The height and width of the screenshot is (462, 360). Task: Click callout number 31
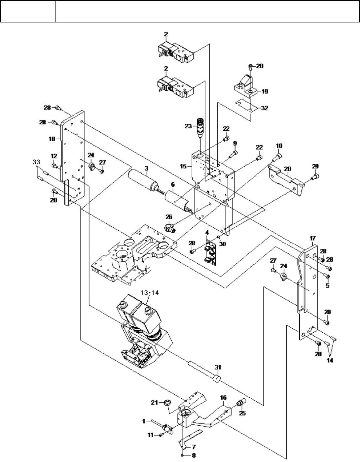[218, 367]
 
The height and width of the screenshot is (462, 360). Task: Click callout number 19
[265, 92]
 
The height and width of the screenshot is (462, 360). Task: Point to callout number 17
[313, 238]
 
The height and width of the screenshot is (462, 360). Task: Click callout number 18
[52, 139]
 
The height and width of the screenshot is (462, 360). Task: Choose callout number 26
[169, 217]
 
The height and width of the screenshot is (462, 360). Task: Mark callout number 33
[36, 162]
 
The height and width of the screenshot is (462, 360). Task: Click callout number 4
[207, 232]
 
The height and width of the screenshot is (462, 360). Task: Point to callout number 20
[288, 169]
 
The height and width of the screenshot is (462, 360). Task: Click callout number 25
[243, 413]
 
